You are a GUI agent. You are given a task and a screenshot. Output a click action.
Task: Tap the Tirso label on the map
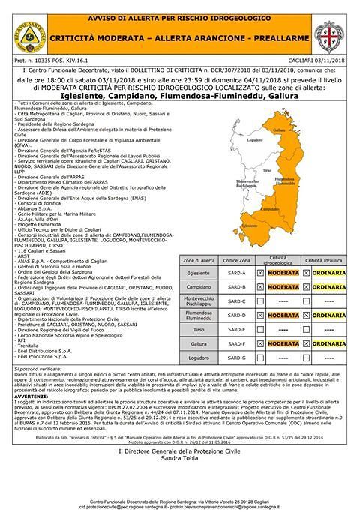point(268,171)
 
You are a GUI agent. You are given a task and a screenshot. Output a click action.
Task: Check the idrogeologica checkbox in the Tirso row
point(260,329)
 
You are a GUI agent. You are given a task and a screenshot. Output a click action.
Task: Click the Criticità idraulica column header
point(324,259)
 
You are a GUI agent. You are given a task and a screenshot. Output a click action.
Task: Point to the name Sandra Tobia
point(180,456)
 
